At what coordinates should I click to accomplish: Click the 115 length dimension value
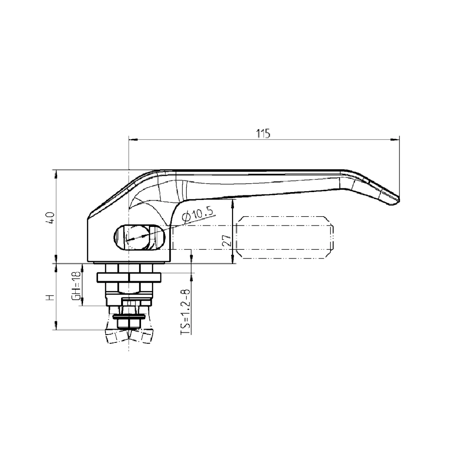pyautogui.click(x=263, y=134)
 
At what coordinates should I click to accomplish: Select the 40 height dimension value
pyautogui.click(x=51, y=218)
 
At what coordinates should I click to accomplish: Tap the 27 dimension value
pyautogui.click(x=227, y=241)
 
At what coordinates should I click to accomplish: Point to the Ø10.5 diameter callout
pyautogui.click(x=198, y=214)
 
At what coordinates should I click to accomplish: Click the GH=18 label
pyautogui.click(x=76, y=286)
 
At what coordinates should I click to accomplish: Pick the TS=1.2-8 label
pyautogui.click(x=185, y=312)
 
